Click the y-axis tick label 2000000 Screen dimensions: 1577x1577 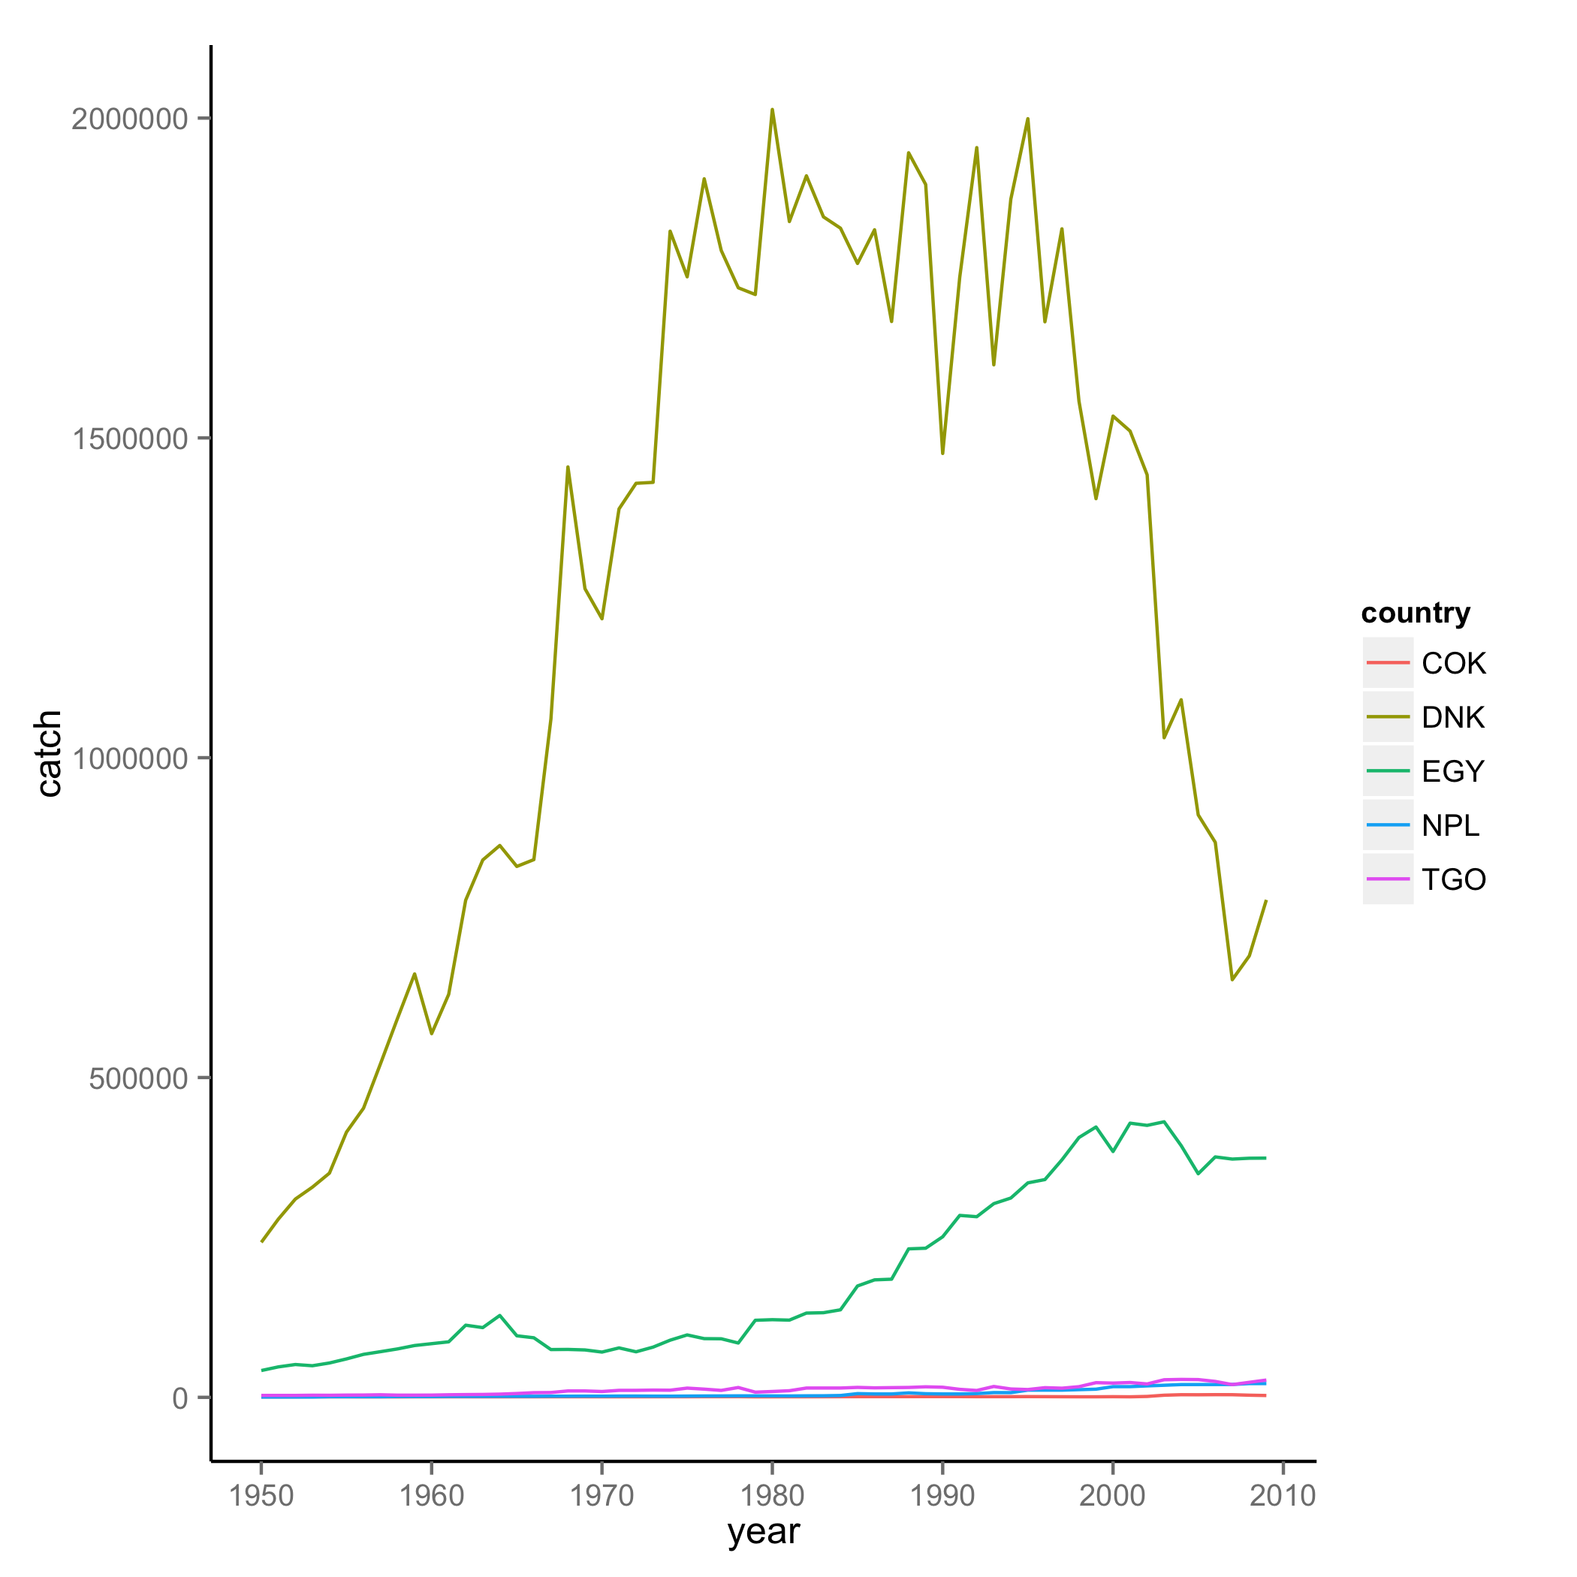(130, 119)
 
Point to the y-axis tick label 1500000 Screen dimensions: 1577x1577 (130, 439)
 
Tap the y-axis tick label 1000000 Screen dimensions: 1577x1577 (130, 759)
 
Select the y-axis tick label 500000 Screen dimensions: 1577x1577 (139, 1079)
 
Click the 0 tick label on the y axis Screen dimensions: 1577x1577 (179, 1399)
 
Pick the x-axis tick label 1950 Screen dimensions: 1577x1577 (261, 1496)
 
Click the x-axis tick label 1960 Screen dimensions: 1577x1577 (432, 1496)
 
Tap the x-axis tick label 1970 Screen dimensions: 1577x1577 (602, 1496)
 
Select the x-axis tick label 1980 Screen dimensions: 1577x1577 (772, 1496)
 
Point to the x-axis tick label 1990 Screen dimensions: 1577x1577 (942, 1496)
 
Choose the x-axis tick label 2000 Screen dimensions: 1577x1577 (1113, 1496)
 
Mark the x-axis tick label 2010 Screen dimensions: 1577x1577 (1283, 1496)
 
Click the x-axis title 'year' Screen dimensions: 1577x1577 (763, 1532)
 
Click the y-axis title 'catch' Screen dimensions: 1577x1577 (49, 753)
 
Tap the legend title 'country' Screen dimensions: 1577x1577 (1416, 613)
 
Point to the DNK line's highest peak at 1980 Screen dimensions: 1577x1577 (772, 110)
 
